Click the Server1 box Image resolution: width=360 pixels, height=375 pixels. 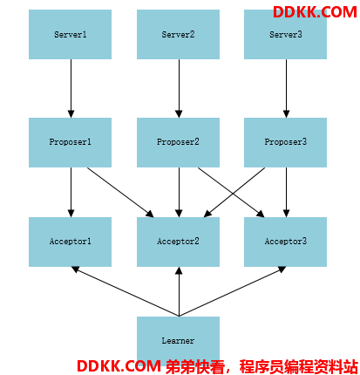coord(70,34)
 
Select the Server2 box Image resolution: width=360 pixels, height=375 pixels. coord(178,34)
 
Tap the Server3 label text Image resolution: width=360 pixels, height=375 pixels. coord(286,35)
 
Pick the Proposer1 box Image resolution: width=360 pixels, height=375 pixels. coord(70,142)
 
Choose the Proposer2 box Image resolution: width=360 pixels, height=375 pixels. coord(178,142)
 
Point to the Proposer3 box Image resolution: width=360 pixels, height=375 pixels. coord(285,142)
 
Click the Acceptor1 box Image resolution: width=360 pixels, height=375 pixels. coord(70,242)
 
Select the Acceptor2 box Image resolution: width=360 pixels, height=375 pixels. coord(178,242)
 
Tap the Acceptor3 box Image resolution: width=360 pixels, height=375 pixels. coord(285,242)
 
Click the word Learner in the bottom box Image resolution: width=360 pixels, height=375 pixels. coord(178,341)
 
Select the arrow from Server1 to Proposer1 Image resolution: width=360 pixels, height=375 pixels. coord(71,89)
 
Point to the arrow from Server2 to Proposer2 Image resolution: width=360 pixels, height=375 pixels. coord(179,89)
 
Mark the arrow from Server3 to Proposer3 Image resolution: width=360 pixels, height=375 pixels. coord(286,89)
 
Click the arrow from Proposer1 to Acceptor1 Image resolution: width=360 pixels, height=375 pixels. coord(71,192)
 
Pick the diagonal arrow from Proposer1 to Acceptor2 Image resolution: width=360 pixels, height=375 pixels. coord(120,192)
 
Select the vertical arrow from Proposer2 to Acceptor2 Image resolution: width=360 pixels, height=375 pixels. coord(179,192)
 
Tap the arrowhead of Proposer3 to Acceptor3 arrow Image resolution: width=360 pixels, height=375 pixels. coord(286,213)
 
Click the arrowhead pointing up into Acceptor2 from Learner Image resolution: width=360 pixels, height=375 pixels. coord(179,271)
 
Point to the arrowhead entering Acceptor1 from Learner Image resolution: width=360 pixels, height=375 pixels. coord(75,269)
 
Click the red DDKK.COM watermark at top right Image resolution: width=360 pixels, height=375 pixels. coord(315,12)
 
